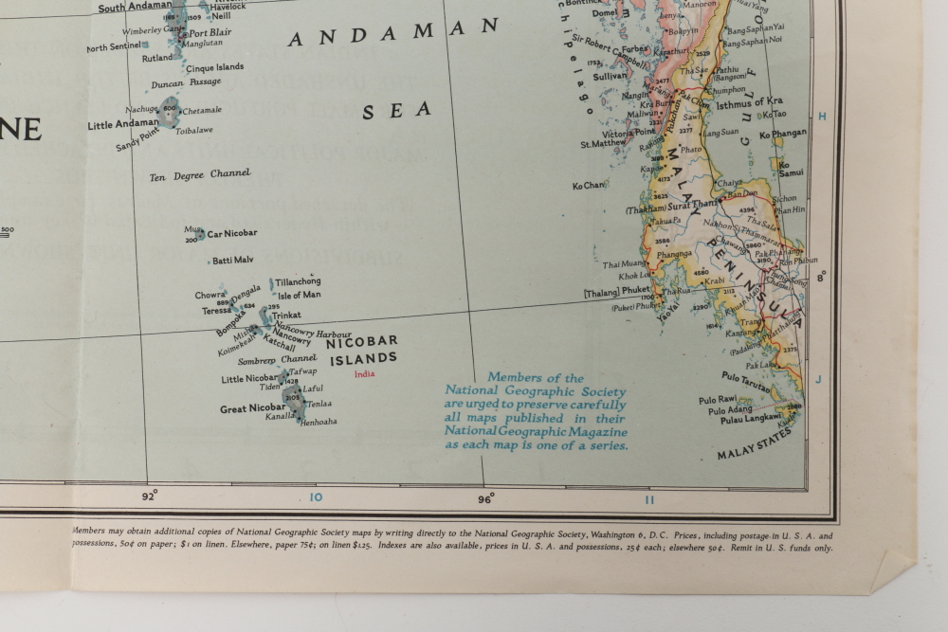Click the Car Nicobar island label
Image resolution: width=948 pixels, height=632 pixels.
click(232, 233)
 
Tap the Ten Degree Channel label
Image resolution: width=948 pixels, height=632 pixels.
click(200, 174)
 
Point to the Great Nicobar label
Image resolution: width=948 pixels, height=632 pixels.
click(252, 408)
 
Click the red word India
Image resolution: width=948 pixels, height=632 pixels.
click(364, 373)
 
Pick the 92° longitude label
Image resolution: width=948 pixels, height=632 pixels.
click(150, 495)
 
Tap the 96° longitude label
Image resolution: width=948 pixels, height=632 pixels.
click(486, 497)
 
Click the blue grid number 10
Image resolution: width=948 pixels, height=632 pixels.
click(316, 497)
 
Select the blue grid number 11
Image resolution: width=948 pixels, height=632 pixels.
click(649, 499)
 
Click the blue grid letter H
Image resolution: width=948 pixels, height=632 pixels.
click(822, 116)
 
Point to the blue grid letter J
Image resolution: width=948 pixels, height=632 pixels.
click(820, 379)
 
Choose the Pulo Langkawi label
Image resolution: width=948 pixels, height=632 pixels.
click(745, 417)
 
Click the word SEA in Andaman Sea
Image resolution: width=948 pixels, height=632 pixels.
click(396, 111)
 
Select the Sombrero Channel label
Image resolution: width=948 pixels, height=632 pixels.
click(277, 360)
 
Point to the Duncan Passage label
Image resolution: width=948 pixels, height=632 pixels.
click(186, 83)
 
